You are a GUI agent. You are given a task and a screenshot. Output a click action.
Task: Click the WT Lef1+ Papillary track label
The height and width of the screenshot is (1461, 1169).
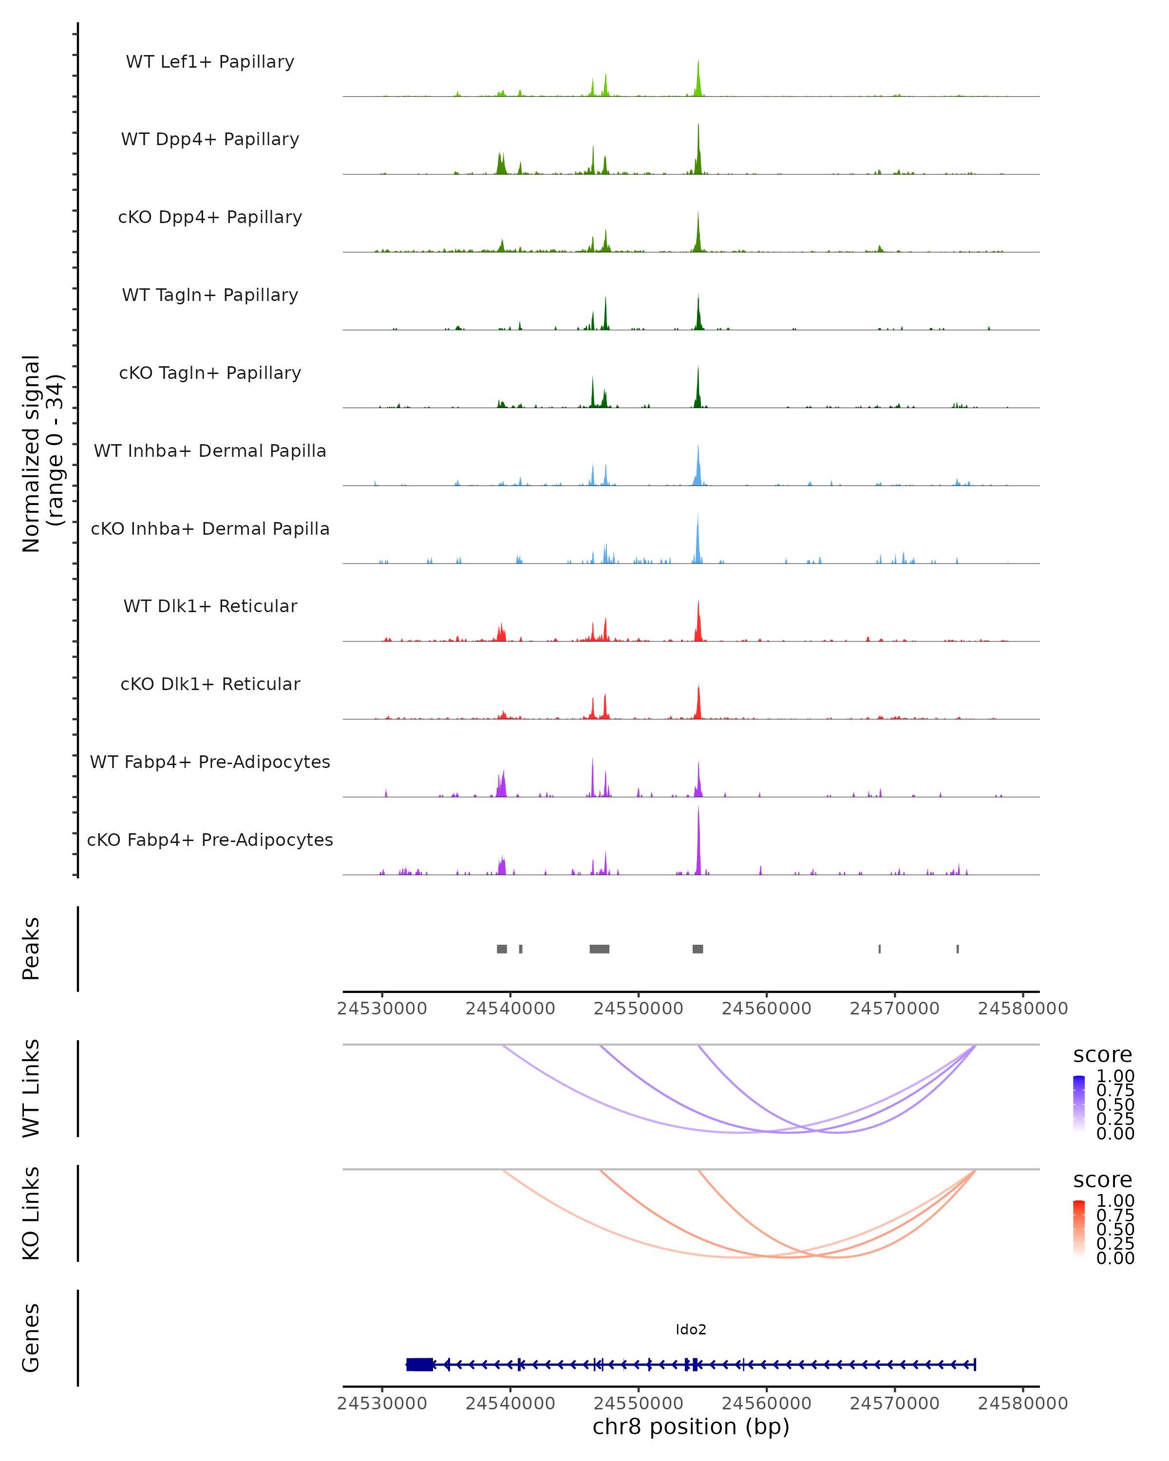(210, 62)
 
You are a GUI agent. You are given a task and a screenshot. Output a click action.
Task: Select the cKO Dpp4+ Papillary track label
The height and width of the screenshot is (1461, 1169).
(210, 218)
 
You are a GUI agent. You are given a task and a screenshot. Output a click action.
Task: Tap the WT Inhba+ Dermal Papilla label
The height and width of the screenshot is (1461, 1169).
(210, 451)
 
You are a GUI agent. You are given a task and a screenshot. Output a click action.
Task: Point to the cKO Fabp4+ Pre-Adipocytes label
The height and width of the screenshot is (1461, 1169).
(210, 840)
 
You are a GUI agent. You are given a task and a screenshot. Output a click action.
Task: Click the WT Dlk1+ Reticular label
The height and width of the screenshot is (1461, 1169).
(210, 606)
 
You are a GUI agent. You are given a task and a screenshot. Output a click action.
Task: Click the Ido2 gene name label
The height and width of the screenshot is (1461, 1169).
(691, 1330)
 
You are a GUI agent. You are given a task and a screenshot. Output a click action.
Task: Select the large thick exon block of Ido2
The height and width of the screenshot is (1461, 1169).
(420, 1365)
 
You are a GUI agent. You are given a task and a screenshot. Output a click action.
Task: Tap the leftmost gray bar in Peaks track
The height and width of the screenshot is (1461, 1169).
(502, 949)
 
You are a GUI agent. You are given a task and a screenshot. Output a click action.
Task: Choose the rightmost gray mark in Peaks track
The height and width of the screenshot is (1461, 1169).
(958, 949)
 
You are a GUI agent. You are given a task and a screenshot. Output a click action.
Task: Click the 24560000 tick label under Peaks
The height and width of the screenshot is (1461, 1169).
(767, 1009)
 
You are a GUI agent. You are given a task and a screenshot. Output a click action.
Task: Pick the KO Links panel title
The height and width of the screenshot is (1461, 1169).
(31, 1214)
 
